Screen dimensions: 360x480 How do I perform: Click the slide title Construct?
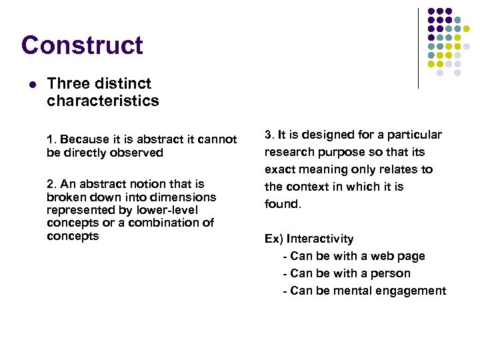click(82, 45)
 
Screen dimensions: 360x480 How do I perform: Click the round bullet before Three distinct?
click(31, 85)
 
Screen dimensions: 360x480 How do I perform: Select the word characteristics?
click(103, 101)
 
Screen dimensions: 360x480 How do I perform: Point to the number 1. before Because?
click(51, 140)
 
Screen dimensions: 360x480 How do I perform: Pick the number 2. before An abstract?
click(51, 184)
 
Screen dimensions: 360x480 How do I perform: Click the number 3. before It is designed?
click(269, 135)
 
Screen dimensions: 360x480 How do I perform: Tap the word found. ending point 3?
click(283, 204)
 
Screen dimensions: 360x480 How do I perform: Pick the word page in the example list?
click(411, 256)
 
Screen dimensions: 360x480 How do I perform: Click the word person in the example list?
click(391, 273)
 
